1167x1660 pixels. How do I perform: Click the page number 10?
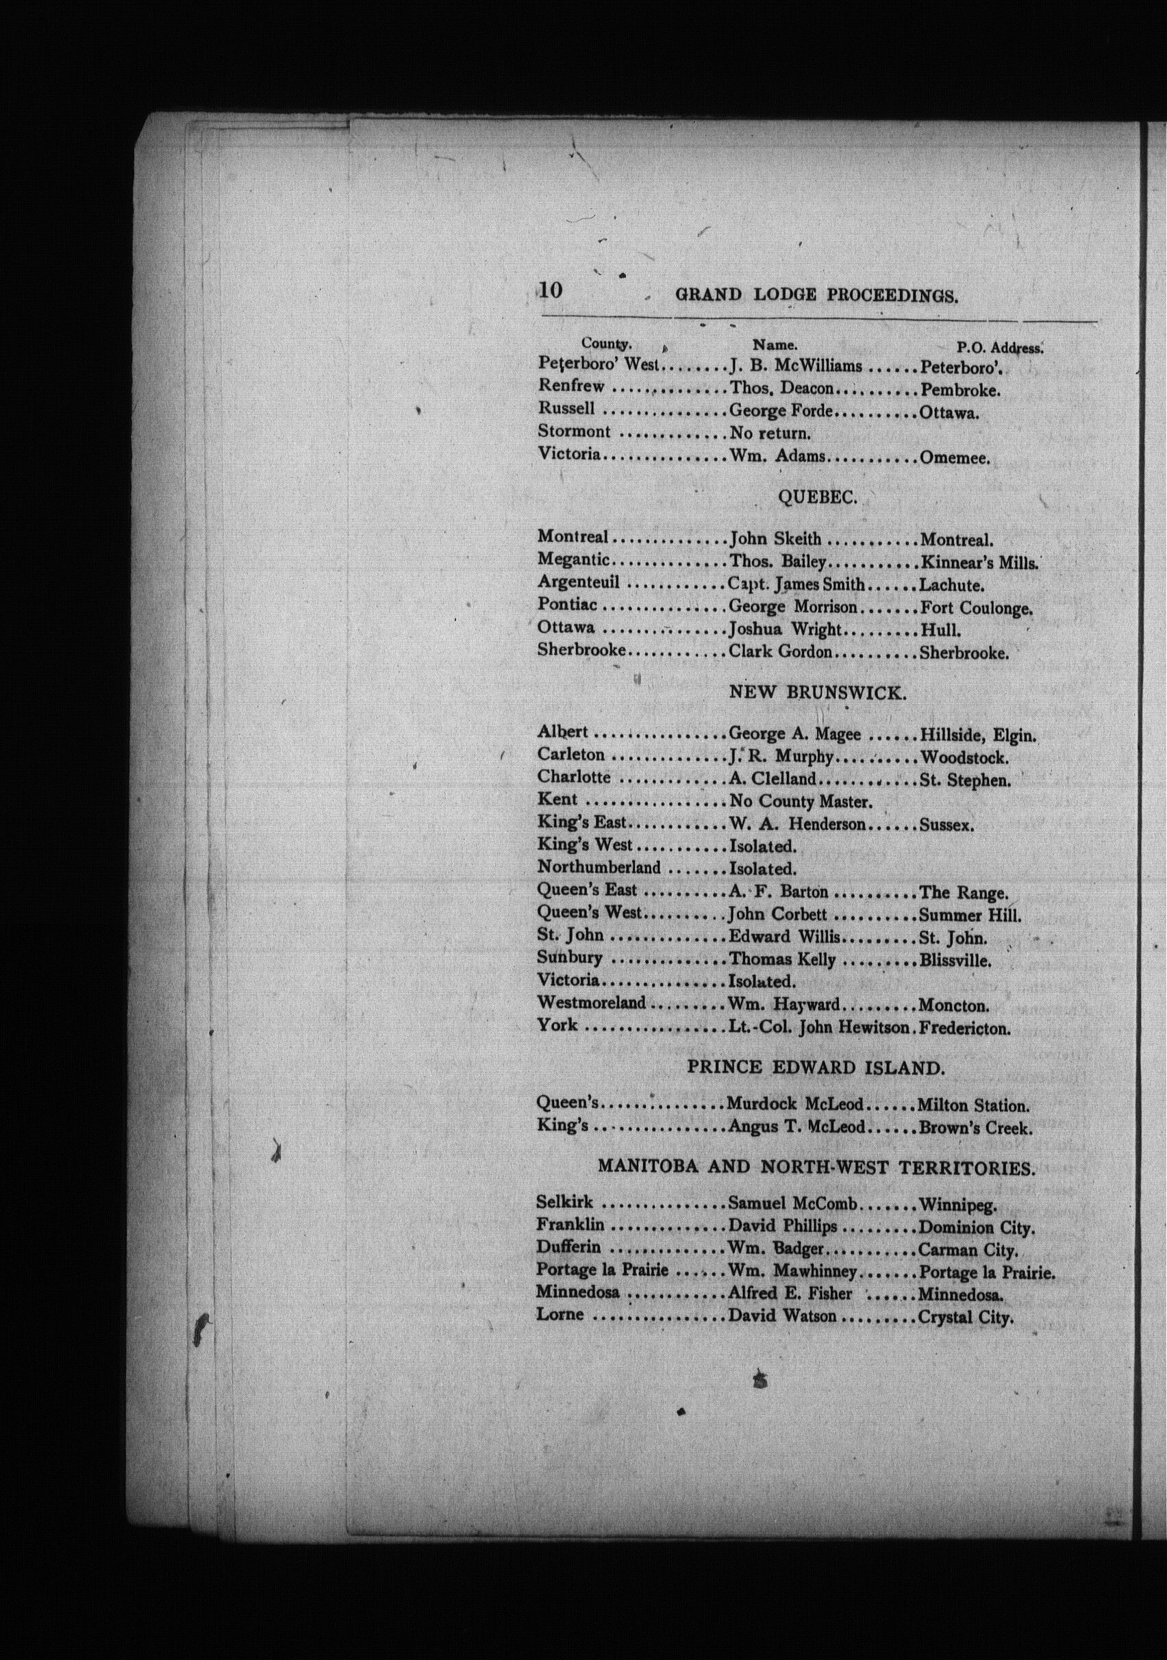(550, 290)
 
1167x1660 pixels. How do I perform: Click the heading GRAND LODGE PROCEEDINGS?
(816, 295)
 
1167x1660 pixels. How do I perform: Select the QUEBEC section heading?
(817, 496)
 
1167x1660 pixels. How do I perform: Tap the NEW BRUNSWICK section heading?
(817, 692)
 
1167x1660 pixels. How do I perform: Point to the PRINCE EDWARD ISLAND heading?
(816, 1067)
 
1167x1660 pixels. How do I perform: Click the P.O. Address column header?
(999, 347)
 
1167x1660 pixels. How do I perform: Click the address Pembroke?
(960, 390)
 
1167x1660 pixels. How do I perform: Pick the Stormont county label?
(573, 431)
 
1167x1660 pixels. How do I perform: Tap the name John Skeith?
(775, 539)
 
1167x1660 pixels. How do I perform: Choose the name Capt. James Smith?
(796, 584)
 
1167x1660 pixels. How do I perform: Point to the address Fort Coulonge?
(975, 608)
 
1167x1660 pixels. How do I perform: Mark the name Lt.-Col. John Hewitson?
(818, 1027)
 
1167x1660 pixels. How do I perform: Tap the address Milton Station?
(972, 1105)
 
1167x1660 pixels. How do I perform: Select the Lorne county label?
(560, 1314)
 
